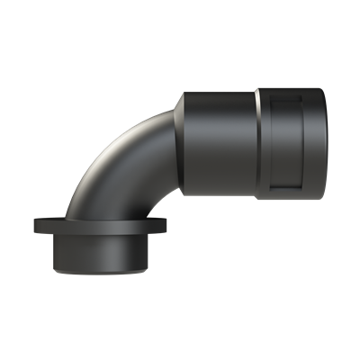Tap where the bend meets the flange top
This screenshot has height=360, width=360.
pos(99,215)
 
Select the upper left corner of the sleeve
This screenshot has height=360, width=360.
pos(184,90)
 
